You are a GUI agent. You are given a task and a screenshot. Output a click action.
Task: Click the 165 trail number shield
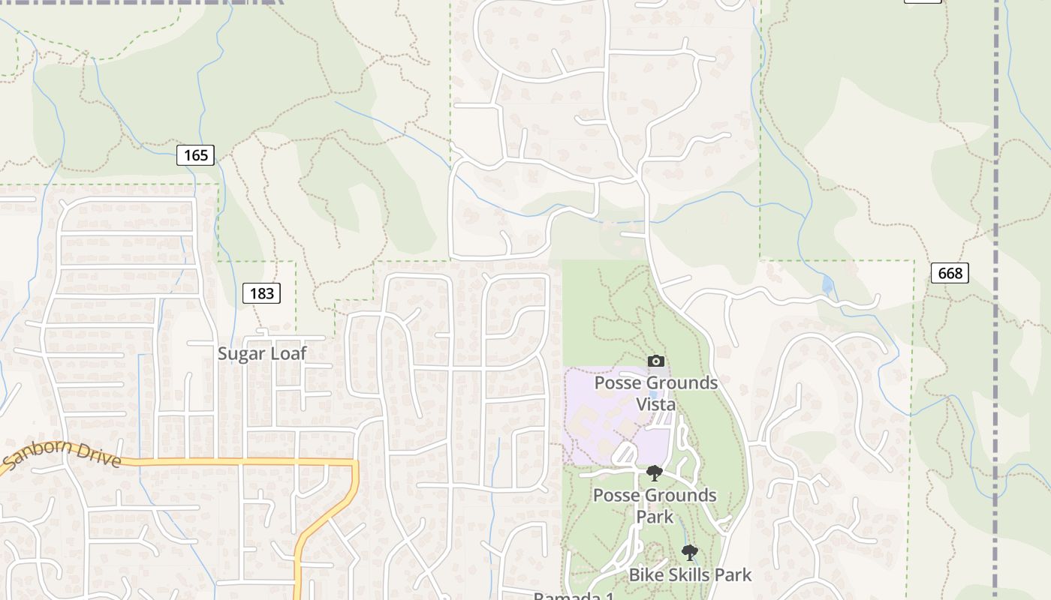tap(196, 155)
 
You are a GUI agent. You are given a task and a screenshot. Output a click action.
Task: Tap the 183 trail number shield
tap(261, 293)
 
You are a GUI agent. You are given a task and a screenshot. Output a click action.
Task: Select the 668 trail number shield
tap(950, 273)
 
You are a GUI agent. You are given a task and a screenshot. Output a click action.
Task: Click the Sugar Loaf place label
tap(262, 353)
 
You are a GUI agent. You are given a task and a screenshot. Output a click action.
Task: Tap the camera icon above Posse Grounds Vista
tap(655, 361)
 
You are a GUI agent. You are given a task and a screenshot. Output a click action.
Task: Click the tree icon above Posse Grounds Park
tap(655, 472)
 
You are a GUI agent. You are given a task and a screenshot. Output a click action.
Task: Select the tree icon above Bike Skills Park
tap(689, 553)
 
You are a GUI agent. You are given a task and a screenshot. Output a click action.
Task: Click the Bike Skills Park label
tap(690, 575)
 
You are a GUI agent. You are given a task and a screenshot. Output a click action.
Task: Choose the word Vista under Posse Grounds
tap(656, 404)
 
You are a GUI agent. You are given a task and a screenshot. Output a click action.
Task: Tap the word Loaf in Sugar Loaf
tap(289, 353)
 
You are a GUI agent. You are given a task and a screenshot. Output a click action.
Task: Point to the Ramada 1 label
tap(574, 595)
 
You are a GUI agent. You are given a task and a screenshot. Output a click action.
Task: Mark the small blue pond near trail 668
tap(827, 285)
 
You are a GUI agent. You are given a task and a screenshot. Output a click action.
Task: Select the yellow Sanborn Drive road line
tap(225, 462)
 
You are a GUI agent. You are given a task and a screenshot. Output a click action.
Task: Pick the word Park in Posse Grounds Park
tap(655, 517)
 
